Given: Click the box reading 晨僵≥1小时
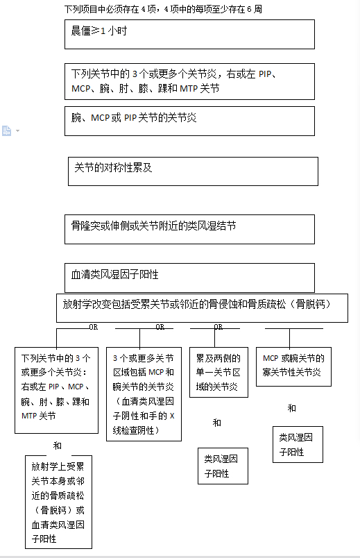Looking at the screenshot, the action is coord(189,34).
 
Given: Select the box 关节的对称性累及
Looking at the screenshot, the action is coord(193,171).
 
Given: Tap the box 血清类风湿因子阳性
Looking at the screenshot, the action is coord(189,278).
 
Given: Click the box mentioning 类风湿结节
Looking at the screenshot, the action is coord(189,229).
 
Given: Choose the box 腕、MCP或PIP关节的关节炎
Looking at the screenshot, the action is coord(189,121).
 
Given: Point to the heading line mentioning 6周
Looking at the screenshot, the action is coord(163,9).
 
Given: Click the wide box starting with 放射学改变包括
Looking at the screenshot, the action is coord(202,308).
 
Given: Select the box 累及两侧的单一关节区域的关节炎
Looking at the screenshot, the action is coord(218,372).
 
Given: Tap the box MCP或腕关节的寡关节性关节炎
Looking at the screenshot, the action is coord(294,366).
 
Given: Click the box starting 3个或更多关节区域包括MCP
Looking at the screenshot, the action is coord(144,394).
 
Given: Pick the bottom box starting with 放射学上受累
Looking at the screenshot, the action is coord(59,502).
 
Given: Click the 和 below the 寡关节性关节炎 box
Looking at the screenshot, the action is coord(292,408).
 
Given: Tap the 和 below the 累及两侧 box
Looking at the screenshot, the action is coord(217,423).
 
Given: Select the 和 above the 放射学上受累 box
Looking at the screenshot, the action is coord(58,446).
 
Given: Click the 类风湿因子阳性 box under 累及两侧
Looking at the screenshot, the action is coord(223,466).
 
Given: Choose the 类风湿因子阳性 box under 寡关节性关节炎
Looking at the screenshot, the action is coord(298,444).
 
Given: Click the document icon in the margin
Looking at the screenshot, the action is coord(6,130).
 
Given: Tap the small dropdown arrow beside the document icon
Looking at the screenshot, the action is coord(18,131).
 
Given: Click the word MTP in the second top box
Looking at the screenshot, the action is coord(189,88).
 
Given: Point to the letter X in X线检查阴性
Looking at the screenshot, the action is coord(172,416).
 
